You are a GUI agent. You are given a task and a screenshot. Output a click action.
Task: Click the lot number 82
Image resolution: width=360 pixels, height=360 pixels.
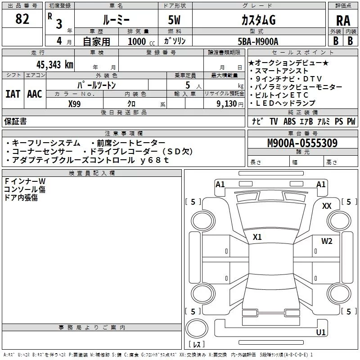pyautogui.click(x=22, y=19)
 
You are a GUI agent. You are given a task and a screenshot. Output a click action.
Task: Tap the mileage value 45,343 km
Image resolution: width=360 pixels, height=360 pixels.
pyautogui.click(x=54, y=64)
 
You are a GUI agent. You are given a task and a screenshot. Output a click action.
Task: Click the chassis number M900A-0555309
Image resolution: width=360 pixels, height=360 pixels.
pyautogui.click(x=302, y=144)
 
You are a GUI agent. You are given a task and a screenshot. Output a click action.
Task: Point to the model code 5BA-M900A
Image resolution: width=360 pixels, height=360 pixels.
pyautogui.click(x=258, y=41)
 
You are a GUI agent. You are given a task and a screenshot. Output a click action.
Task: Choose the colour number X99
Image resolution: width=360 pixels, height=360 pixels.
pyautogui.click(x=75, y=103)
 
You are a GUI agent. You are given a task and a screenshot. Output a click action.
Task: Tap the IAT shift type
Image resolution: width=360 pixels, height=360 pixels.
pyautogui.click(x=13, y=94)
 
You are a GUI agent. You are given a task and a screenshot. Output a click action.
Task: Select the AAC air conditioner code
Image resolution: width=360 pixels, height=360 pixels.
pyautogui.click(x=34, y=94)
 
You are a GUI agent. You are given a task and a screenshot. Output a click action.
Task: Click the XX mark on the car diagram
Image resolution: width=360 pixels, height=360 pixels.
pyautogui.click(x=327, y=206)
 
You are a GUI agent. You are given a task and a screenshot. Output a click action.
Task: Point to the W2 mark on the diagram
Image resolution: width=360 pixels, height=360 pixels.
pyautogui.click(x=327, y=241)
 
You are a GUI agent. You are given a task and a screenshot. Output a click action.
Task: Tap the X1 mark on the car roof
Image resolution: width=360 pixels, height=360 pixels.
pyautogui.click(x=257, y=237)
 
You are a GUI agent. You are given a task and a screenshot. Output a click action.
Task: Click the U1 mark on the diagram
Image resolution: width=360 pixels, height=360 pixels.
pyautogui.click(x=321, y=333)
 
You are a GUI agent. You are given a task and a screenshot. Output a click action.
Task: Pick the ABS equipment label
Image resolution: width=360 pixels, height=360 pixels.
pyautogui.click(x=289, y=121)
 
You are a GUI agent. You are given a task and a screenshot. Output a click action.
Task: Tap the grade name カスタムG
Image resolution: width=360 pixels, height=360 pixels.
pyautogui.click(x=258, y=21)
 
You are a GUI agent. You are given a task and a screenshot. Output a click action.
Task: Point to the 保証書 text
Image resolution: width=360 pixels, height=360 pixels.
pyautogui.click(x=15, y=121)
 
